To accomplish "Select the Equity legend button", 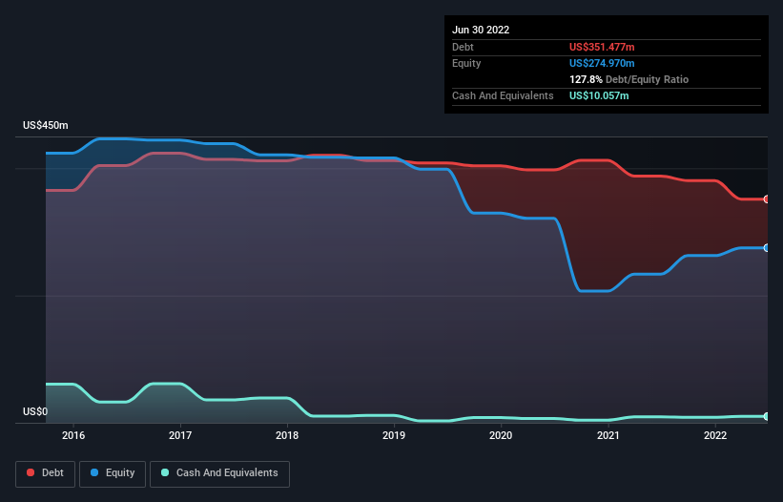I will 113,472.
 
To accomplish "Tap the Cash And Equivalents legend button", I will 219,472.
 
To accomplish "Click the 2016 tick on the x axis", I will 73,436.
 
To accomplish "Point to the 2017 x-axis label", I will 180,436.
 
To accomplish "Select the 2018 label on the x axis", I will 287,436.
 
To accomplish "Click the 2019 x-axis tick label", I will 394,436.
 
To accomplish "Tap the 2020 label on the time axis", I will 501,436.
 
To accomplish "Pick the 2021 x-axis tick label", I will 608,436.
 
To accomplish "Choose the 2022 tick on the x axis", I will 714,436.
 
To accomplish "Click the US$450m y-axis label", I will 46,126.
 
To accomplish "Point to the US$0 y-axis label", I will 34,412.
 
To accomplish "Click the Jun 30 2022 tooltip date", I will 481,30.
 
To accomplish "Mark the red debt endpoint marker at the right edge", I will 767,199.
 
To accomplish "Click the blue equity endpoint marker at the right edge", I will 767,248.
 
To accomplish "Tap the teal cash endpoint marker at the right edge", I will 767,417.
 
